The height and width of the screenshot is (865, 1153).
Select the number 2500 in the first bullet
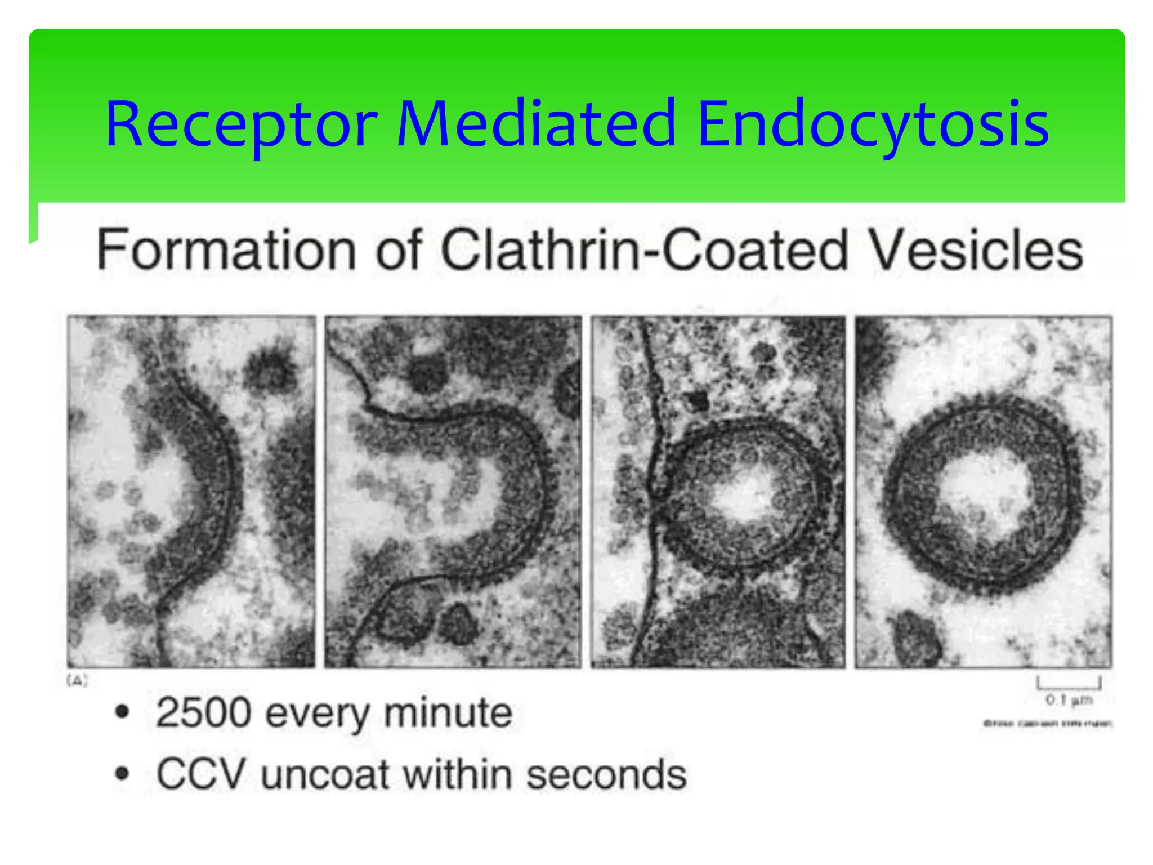pyautogui.click(x=203, y=713)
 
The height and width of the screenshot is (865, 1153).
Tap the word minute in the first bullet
pyautogui.click(x=448, y=713)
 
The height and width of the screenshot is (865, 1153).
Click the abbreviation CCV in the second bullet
pyautogui.click(x=200, y=774)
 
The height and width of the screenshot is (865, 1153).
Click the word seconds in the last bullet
pyautogui.click(x=606, y=774)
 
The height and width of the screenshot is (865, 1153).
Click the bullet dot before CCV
pyautogui.click(x=122, y=774)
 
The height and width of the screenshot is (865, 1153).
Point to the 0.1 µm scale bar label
pyautogui.click(x=1069, y=700)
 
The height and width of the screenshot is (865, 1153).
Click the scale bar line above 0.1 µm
pyautogui.click(x=1069, y=686)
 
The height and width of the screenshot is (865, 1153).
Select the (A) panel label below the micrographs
pyautogui.click(x=77, y=680)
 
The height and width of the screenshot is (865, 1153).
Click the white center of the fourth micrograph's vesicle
pyautogui.click(x=982, y=490)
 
